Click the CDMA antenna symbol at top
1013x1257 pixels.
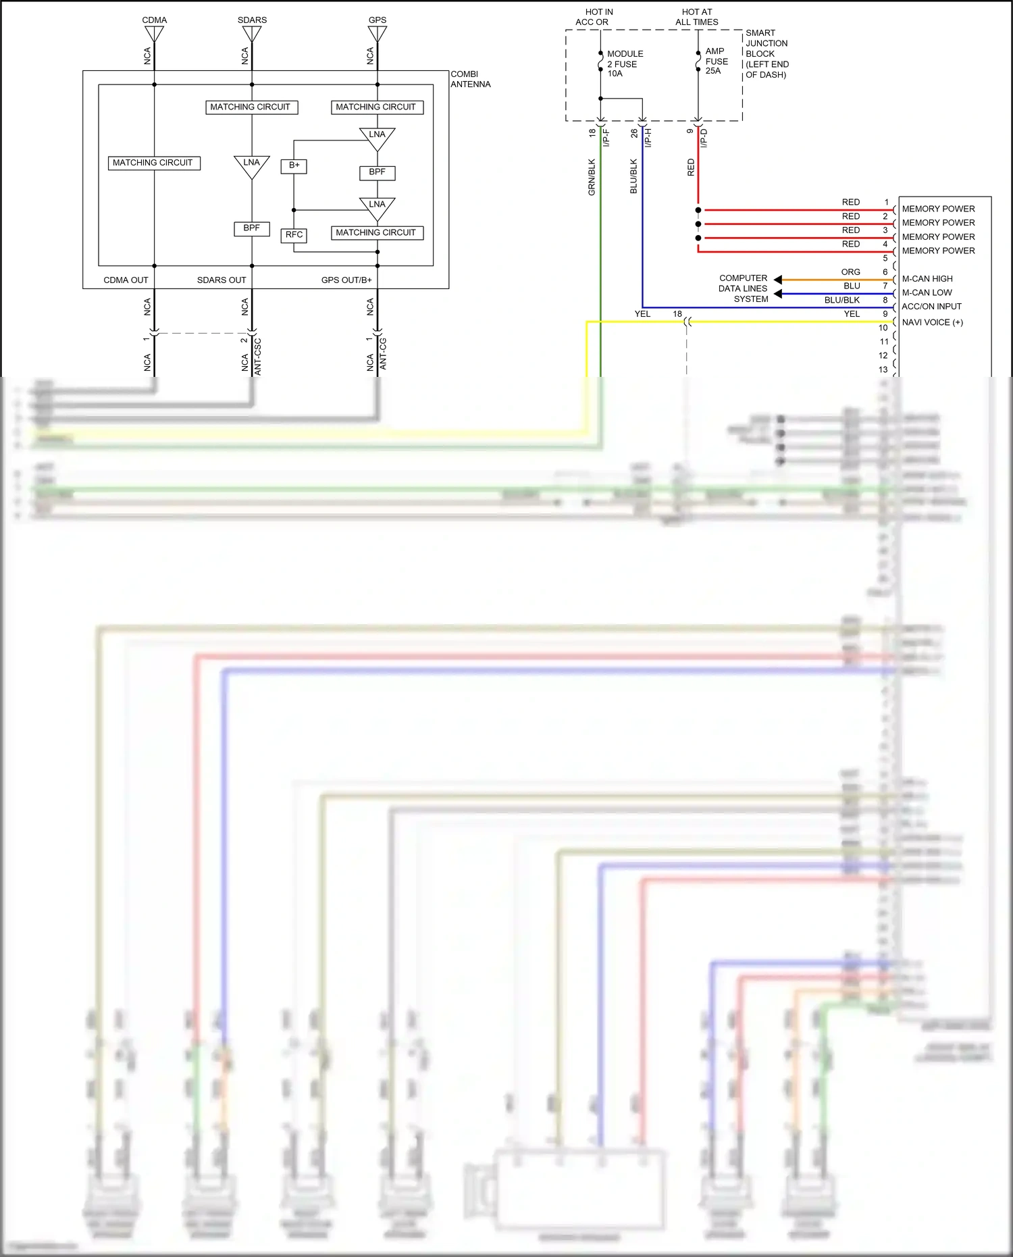point(154,33)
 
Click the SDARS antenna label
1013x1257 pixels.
point(252,20)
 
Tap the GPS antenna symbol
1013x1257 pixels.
point(377,33)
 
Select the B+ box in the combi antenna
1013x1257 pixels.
point(294,165)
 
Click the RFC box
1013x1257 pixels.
point(294,235)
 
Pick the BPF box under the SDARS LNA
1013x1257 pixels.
point(251,228)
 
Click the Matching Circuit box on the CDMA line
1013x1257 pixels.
point(153,163)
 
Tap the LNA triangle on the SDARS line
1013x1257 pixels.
point(251,165)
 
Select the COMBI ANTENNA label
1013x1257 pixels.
point(470,79)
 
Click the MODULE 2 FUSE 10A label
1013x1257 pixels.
point(624,63)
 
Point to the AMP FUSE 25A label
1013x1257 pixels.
point(716,61)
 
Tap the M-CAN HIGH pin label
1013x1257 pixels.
point(927,278)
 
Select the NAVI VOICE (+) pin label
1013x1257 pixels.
point(932,322)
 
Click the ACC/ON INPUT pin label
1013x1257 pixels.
point(931,306)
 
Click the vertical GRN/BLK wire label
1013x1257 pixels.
point(592,177)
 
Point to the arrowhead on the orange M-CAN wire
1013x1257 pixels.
point(778,280)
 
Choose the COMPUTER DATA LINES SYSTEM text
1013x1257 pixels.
point(744,288)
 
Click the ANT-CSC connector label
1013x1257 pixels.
point(257,356)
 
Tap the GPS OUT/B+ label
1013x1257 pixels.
point(346,280)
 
